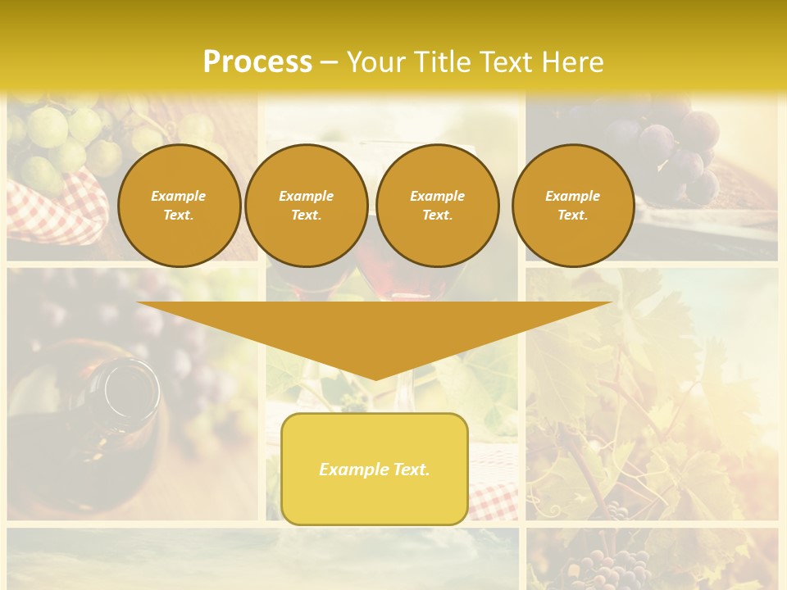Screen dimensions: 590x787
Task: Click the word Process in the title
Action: tap(257, 62)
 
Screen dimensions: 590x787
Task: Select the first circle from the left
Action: tap(179, 206)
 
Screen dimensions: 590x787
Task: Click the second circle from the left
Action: tap(307, 206)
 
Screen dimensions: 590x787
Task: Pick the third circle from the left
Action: tap(438, 206)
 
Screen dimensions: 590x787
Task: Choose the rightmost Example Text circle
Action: tap(573, 206)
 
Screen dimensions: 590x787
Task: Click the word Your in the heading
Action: tap(375, 62)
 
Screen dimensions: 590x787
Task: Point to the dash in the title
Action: tap(329, 63)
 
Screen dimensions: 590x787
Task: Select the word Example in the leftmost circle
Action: tap(179, 196)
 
